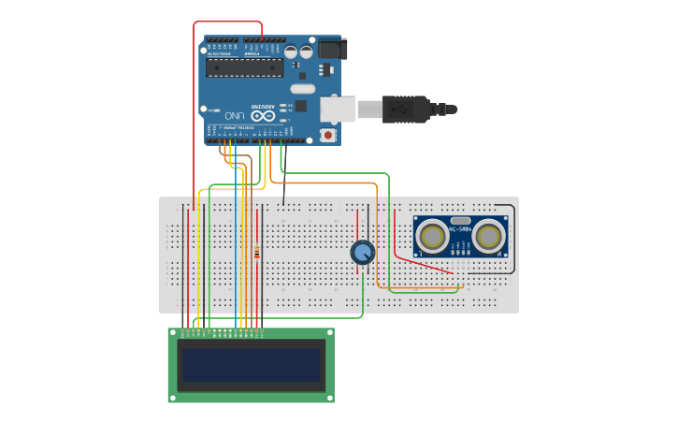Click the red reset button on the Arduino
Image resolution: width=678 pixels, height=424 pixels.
328,135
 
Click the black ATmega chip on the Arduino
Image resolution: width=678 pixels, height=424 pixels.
244,66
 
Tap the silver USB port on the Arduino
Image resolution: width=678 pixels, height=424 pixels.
337,109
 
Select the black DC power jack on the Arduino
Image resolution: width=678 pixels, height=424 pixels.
331,48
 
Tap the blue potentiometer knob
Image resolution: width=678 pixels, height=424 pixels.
363,252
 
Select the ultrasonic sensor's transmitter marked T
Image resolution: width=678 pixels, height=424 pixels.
433,235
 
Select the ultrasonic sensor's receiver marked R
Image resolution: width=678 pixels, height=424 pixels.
489,235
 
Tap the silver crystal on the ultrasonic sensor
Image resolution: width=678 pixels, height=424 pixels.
460,221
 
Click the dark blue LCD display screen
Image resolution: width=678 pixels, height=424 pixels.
251,365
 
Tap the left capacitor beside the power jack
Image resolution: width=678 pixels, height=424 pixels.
292,52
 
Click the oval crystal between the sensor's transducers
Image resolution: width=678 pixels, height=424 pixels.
460,221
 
